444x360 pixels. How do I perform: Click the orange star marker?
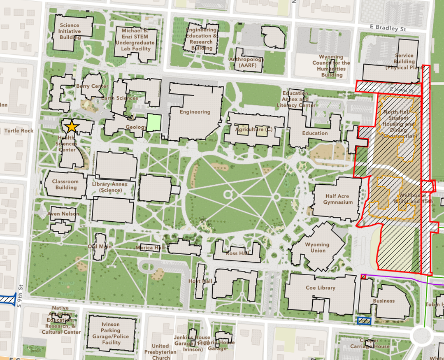click(x=72, y=127)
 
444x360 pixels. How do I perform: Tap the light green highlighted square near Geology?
click(x=154, y=123)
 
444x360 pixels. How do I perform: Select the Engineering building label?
click(x=195, y=112)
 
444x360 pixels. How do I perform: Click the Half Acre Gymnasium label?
click(x=338, y=200)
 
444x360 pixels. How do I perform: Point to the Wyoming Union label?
click(x=318, y=248)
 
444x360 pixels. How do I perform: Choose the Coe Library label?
click(x=321, y=288)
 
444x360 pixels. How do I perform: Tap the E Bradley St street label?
click(x=388, y=29)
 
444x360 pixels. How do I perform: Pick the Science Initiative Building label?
click(x=70, y=31)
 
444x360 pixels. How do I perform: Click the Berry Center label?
click(x=92, y=86)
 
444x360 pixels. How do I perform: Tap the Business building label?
click(x=384, y=301)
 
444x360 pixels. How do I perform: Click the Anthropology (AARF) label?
click(x=246, y=62)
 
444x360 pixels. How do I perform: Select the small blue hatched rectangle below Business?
click(x=364, y=321)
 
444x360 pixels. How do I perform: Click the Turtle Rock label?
click(x=19, y=131)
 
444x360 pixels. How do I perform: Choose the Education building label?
click(x=315, y=133)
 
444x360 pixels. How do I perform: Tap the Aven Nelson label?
click(x=63, y=214)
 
